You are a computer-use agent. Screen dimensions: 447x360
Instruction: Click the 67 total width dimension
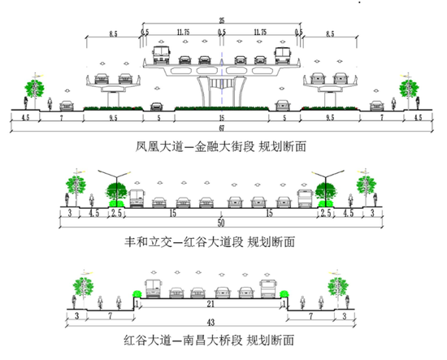[222, 128]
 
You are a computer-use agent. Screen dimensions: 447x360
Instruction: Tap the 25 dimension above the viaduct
[222, 20]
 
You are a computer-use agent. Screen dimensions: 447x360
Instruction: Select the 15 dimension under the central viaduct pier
[222, 118]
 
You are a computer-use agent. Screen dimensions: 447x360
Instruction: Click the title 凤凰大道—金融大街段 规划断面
[220, 147]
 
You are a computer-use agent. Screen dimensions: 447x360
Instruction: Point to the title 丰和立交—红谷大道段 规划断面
[210, 242]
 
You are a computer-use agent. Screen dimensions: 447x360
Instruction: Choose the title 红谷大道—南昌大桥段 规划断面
[209, 340]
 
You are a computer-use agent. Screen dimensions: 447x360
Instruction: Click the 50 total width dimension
[221, 223]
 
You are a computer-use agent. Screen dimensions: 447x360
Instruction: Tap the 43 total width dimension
[210, 323]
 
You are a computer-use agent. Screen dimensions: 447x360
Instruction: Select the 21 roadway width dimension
[210, 304]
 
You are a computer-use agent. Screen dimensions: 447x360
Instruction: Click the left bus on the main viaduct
[162, 54]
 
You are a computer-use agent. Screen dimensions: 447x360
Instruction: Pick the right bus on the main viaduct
[282, 55]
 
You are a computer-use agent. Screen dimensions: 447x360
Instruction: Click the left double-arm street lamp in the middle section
[116, 188]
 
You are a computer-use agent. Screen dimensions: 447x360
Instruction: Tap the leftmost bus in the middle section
[137, 198]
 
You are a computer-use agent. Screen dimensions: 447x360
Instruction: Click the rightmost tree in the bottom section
[338, 289]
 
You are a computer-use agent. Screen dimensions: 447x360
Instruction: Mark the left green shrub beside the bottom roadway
[137, 293]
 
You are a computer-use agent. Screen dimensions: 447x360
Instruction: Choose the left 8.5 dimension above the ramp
[113, 34]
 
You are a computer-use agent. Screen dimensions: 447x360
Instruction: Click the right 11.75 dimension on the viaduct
[260, 32]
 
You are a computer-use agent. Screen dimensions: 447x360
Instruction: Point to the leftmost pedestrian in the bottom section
[74, 301]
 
